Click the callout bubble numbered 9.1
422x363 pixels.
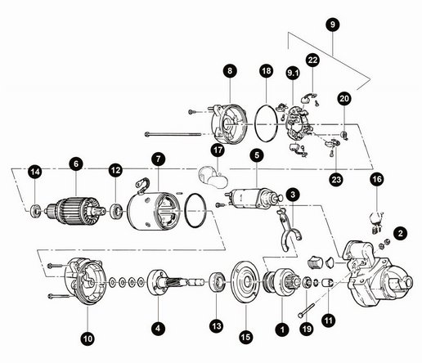293,73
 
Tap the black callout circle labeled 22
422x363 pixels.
312,60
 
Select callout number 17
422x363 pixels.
218,150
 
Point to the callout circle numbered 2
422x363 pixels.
400,233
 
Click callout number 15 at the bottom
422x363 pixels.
245,337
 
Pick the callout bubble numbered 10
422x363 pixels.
88,338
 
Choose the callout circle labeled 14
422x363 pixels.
35,172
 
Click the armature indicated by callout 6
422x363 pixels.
76,210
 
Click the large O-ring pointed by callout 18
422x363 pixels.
266,123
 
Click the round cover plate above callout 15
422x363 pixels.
245,281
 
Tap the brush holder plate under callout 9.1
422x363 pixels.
297,126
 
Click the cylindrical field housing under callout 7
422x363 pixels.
154,211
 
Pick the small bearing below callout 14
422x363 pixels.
35,210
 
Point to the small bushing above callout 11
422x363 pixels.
328,283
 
